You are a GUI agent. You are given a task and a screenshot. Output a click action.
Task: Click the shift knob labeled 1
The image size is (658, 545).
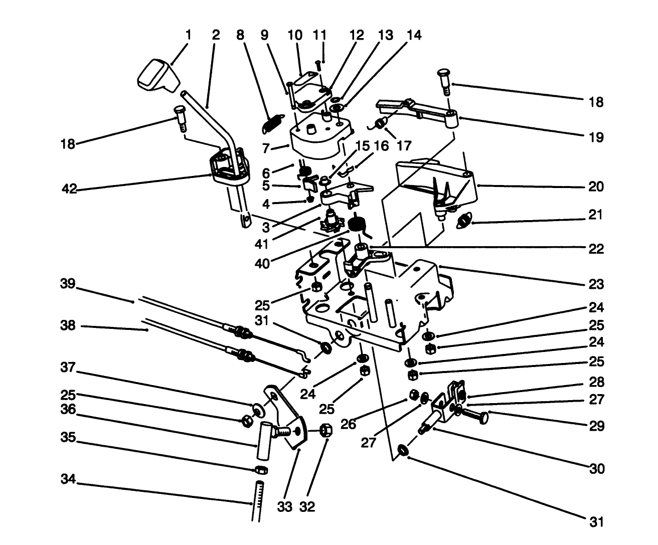point(156,77)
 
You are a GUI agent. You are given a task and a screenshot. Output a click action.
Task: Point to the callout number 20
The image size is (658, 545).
point(596,187)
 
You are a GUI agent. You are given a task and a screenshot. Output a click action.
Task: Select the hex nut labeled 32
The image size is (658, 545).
point(325,430)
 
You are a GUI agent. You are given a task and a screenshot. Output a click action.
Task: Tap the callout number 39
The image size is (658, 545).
point(68,284)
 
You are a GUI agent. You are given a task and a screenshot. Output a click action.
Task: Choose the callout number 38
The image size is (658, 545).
point(68,325)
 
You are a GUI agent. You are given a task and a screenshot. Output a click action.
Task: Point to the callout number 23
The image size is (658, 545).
point(596,284)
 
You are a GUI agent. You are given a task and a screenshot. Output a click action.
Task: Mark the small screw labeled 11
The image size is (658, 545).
point(318,65)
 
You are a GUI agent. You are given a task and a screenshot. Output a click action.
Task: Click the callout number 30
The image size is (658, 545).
point(596,469)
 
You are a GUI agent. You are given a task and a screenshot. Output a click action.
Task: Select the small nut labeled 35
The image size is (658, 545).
point(260,470)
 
